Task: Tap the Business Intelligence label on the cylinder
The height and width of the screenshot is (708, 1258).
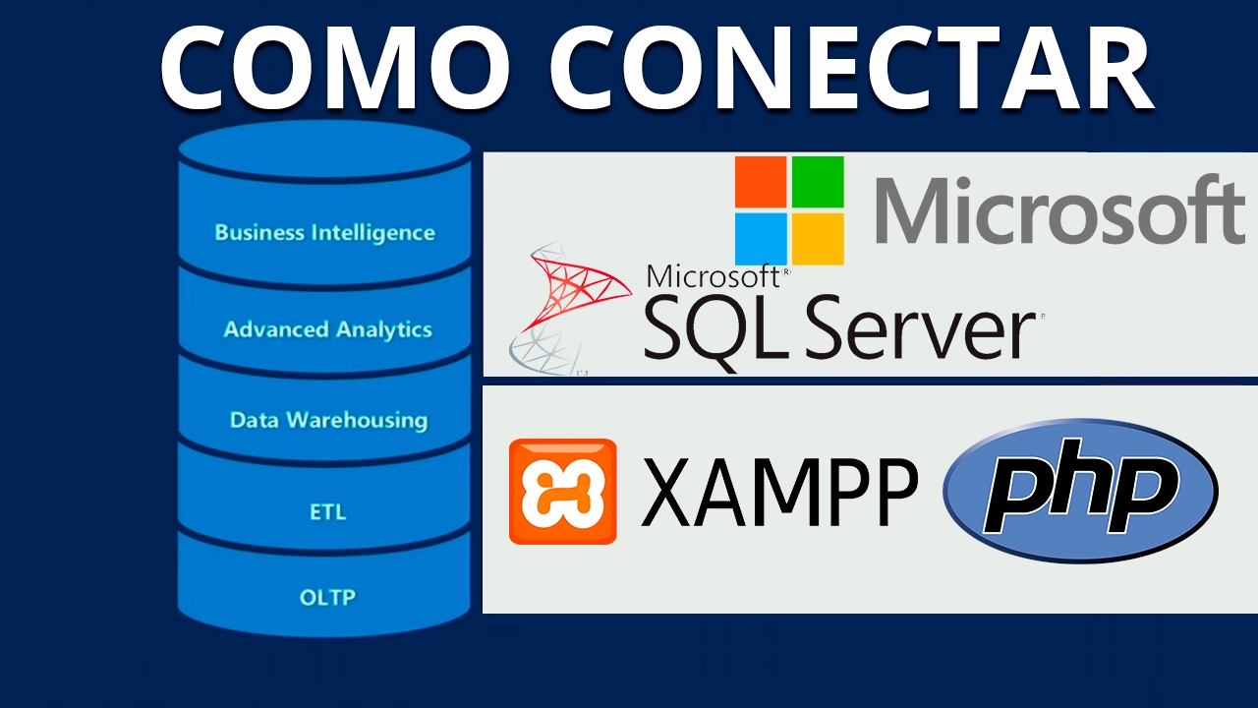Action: [x=324, y=233]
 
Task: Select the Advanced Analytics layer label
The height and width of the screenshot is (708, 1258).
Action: [x=327, y=329]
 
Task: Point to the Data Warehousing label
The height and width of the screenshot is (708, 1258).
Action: [x=328, y=420]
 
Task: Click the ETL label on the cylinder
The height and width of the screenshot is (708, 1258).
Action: [x=327, y=512]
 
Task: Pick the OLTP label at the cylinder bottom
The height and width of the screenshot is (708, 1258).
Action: [x=327, y=597]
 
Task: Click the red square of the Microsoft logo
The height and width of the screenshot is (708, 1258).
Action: [x=761, y=181]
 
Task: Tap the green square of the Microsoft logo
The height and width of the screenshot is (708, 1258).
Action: [x=818, y=181]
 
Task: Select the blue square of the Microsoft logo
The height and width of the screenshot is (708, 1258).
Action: [x=761, y=238]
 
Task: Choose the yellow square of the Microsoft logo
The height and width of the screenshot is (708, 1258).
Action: [x=818, y=238]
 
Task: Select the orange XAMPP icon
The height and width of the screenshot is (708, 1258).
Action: [x=562, y=492]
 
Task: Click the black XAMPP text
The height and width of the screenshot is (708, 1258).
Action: [x=778, y=492]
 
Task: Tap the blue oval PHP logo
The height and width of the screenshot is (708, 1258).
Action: [x=1079, y=490]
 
